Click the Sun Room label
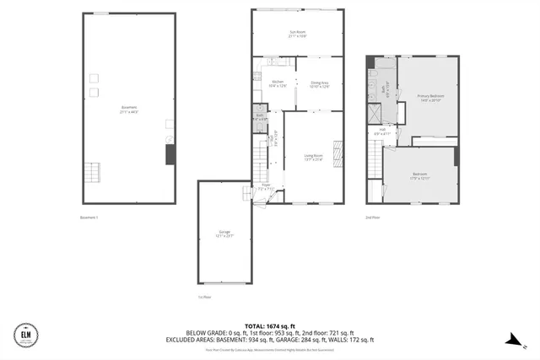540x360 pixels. click(x=297, y=34)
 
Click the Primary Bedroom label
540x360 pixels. click(x=431, y=98)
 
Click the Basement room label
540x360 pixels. click(x=128, y=108)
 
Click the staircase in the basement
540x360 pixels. click(x=91, y=174)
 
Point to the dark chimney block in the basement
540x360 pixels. click(x=170, y=154)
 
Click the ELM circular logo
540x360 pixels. click(x=26, y=335)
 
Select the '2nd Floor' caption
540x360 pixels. click(x=374, y=218)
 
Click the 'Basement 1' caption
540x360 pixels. click(x=89, y=218)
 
